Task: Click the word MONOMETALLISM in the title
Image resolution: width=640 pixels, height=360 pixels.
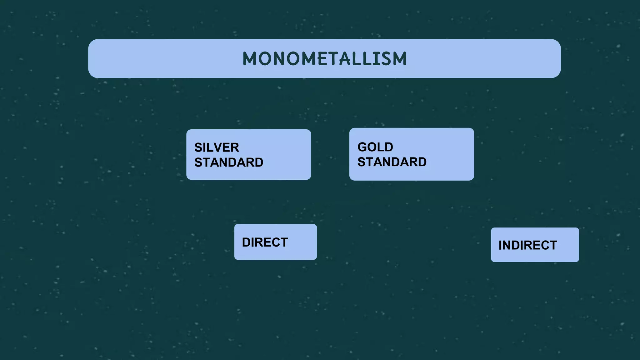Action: tap(324, 59)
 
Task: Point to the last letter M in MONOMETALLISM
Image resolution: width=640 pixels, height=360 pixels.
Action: tap(399, 59)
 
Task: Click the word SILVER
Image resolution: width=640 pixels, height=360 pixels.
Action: tap(217, 147)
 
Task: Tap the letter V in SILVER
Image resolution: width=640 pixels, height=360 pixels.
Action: tap(219, 147)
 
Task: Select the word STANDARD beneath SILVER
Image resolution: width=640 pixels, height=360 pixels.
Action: tap(229, 162)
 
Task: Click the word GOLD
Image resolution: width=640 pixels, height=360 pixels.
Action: tap(375, 147)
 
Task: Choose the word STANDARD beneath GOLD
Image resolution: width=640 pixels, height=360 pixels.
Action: tap(392, 162)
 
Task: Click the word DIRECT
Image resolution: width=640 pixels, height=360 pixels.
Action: tap(265, 242)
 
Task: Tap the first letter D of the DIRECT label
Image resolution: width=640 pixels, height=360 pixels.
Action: tap(246, 242)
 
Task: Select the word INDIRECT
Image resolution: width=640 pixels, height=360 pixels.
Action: tap(527, 245)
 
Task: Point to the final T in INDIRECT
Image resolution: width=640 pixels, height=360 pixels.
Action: tap(553, 245)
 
